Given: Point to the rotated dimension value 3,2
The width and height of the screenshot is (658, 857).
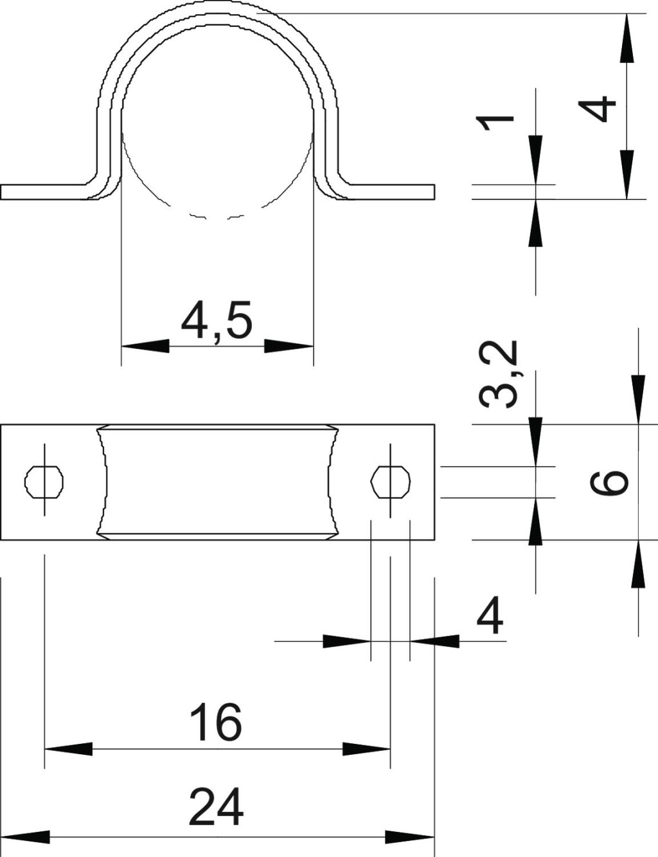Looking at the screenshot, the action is [497, 375].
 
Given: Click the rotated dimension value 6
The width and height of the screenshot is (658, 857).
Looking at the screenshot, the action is [609, 482].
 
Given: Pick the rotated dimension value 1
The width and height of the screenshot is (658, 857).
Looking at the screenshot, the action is [495, 123].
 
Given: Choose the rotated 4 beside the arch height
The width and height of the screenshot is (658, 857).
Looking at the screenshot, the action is [596, 109].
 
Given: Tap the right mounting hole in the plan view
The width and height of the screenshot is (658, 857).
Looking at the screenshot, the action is [391, 482].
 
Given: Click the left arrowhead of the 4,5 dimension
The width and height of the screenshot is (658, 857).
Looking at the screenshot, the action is [145, 346].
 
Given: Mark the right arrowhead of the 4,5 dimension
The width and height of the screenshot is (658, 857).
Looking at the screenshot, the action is [289, 346].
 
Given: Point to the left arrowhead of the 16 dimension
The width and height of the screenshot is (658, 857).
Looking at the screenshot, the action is [69, 749].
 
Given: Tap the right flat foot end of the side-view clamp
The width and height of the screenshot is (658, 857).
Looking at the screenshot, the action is [434, 192].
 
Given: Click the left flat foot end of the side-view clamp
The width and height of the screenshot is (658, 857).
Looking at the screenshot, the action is [1, 192].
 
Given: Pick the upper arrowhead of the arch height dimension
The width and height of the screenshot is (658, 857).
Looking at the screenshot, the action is [627, 39].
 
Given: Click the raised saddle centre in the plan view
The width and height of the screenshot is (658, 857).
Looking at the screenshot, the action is [217, 482].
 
